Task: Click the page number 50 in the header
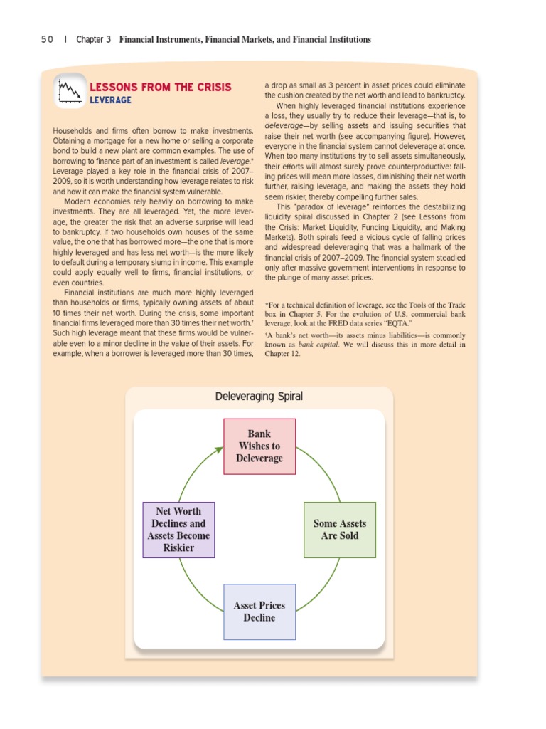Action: [x=47, y=40]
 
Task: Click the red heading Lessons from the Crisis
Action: [x=160, y=87]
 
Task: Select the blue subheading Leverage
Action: [x=110, y=100]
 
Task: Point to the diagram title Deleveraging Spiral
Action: [x=259, y=396]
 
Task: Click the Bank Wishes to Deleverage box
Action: [x=259, y=446]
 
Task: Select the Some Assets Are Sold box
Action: [x=339, y=530]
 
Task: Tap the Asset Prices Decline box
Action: [x=259, y=612]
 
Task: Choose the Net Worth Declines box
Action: [x=178, y=530]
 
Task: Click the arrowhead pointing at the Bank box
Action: [x=219, y=450]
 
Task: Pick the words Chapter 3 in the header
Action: [x=94, y=40]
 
